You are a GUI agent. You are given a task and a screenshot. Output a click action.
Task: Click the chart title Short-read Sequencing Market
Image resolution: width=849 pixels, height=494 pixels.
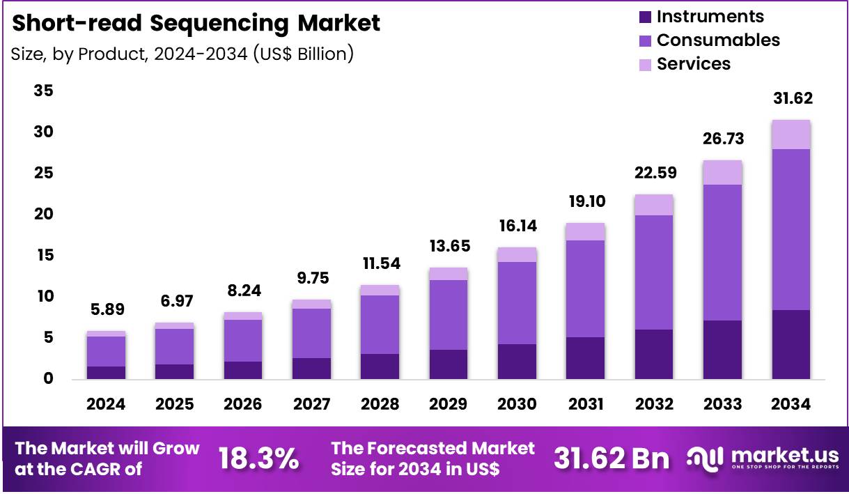pyautogui.click(x=196, y=23)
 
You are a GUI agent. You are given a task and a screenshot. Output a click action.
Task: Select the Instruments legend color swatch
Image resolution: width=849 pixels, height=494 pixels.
pyautogui.click(x=644, y=17)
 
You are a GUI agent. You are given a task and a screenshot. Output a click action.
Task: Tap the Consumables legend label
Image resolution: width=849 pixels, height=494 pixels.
pyautogui.click(x=718, y=40)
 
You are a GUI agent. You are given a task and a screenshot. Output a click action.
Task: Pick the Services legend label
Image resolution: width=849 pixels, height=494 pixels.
pyautogui.click(x=694, y=64)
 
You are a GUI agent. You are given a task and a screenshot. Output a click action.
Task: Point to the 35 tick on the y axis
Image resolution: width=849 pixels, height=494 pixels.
pyautogui.click(x=43, y=91)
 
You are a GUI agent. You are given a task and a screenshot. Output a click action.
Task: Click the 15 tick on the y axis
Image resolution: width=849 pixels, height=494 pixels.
pyautogui.click(x=43, y=256)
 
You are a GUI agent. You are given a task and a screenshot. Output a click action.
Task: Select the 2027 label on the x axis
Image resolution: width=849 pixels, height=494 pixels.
pyautogui.click(x=311, y=405)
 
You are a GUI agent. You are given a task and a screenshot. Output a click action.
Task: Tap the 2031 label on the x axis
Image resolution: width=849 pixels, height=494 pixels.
pyautogui.click(x=585, y=405)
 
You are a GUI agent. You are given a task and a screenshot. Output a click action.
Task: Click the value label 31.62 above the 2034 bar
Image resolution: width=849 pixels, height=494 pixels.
pyautogui.click(x=792, y=98)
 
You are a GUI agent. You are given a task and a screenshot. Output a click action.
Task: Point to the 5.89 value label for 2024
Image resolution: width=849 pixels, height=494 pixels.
pyautogui.click(x=106, y=310)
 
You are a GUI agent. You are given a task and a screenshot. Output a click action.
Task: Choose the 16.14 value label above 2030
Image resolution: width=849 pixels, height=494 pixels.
pyautogui.click(x=517, y=226)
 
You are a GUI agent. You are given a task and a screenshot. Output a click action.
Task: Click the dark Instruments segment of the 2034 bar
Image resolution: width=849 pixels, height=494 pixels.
pyautogui.click(x=791, y=344)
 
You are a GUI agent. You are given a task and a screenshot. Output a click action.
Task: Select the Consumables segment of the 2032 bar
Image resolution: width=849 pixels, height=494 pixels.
pyautogui.click(x=653, y=272)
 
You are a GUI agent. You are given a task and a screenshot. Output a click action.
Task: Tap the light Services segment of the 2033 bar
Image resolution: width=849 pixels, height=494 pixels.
pyautogui.click(x=722, y=172)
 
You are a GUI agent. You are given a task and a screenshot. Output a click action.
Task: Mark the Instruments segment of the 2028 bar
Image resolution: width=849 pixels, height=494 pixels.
pyautogui.click(x=380, y=366)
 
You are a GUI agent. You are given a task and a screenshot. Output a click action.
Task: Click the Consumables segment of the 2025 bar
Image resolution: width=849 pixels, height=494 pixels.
pyautogui.click(x=174, y=346)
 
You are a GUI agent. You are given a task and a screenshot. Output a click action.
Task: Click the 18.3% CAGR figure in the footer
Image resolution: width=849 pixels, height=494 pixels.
pyautogui.click(x=259, y=458)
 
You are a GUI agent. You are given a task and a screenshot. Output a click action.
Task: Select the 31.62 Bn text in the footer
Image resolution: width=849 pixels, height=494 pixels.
pyautogui.click(x=612, y=458)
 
